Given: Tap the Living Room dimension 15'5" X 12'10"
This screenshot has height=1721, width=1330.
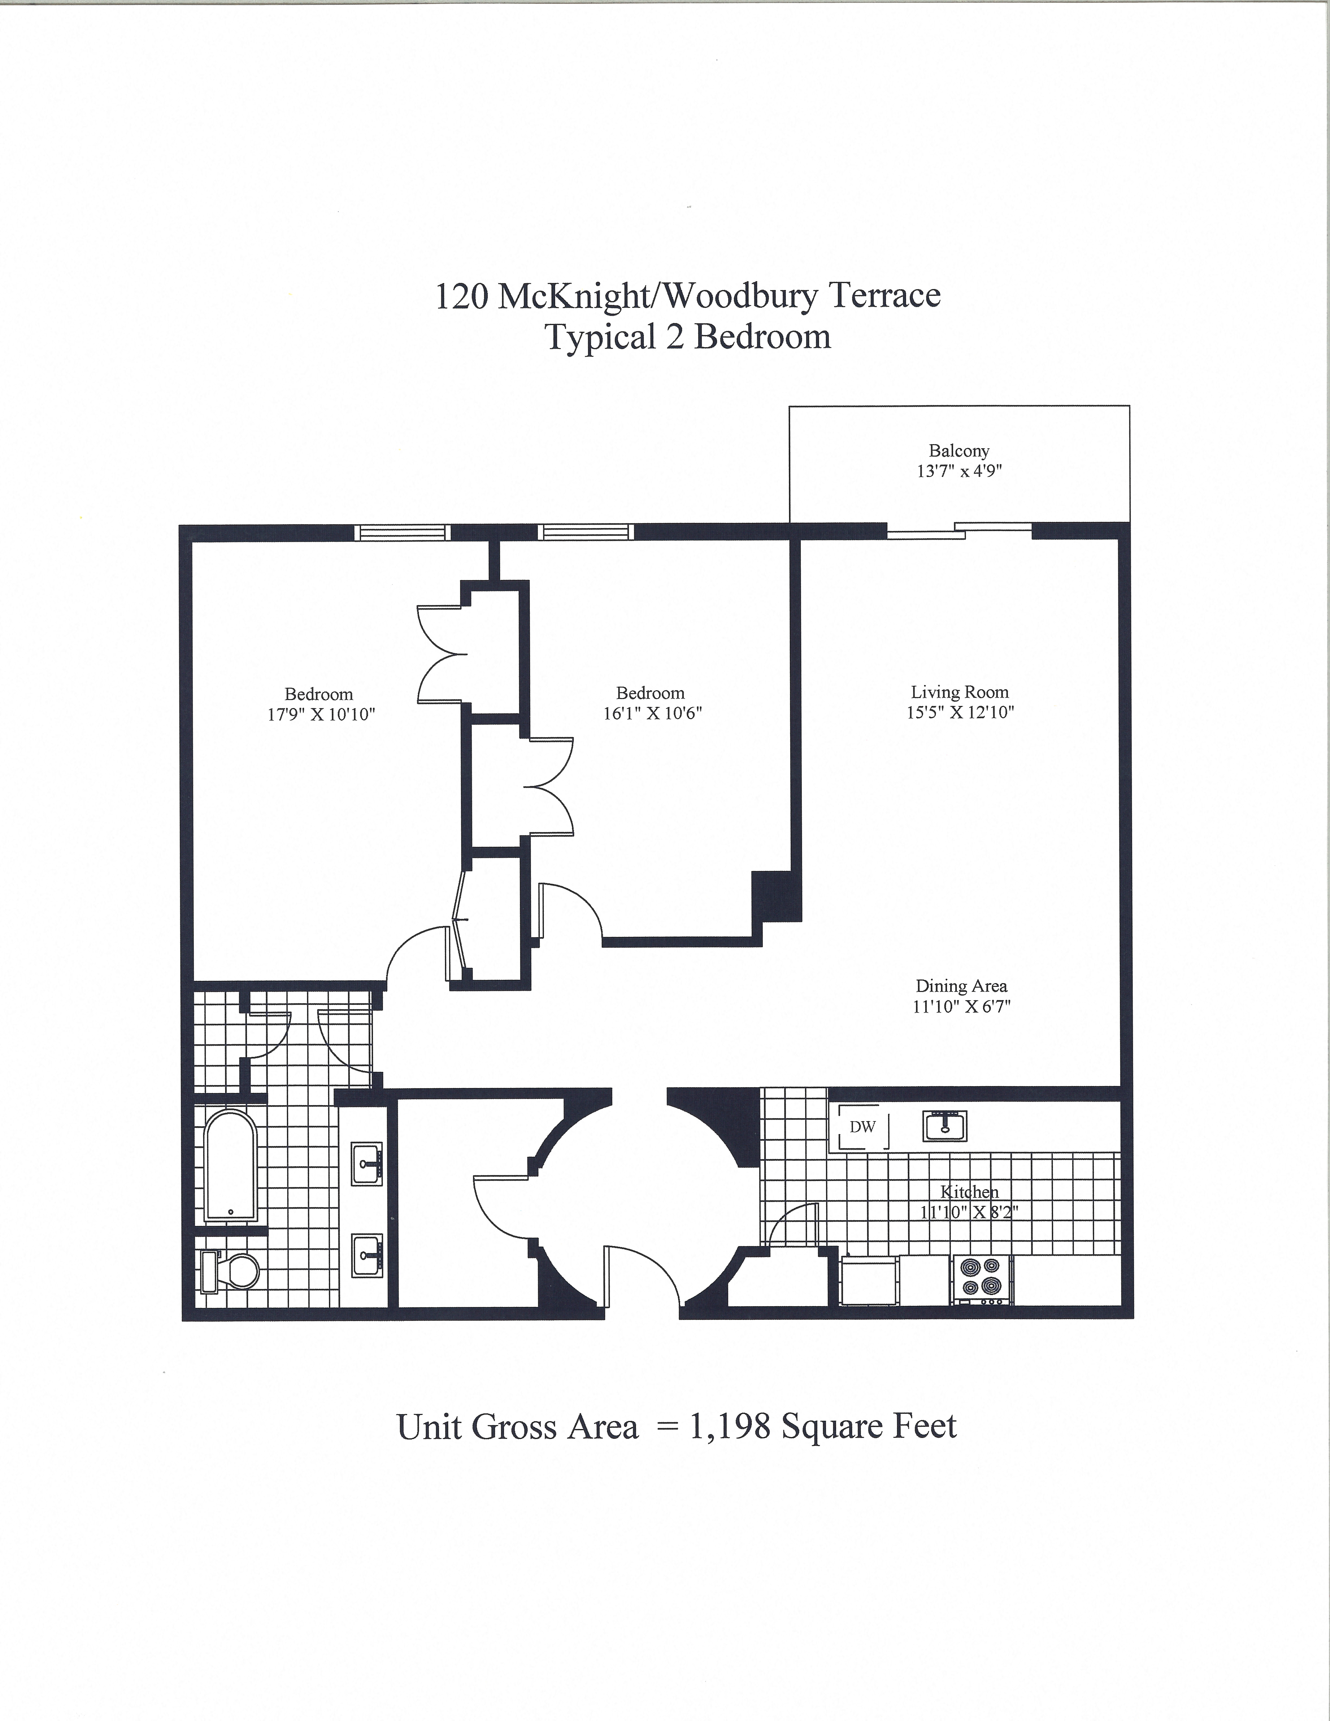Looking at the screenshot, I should tap(960, 712).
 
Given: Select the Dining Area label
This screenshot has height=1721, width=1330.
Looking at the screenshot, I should tap(961, 986).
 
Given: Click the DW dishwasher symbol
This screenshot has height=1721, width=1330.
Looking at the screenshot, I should tap(862, 1127).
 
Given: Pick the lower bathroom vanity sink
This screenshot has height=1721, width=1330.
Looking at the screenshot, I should tap(367, 1255).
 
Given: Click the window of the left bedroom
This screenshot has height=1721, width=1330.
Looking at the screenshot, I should tap(403, 533).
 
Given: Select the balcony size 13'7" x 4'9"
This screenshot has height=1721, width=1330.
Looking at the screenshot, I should tap(959, 471).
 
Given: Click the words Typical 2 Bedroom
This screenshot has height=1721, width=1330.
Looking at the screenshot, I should tap(688, 337).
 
